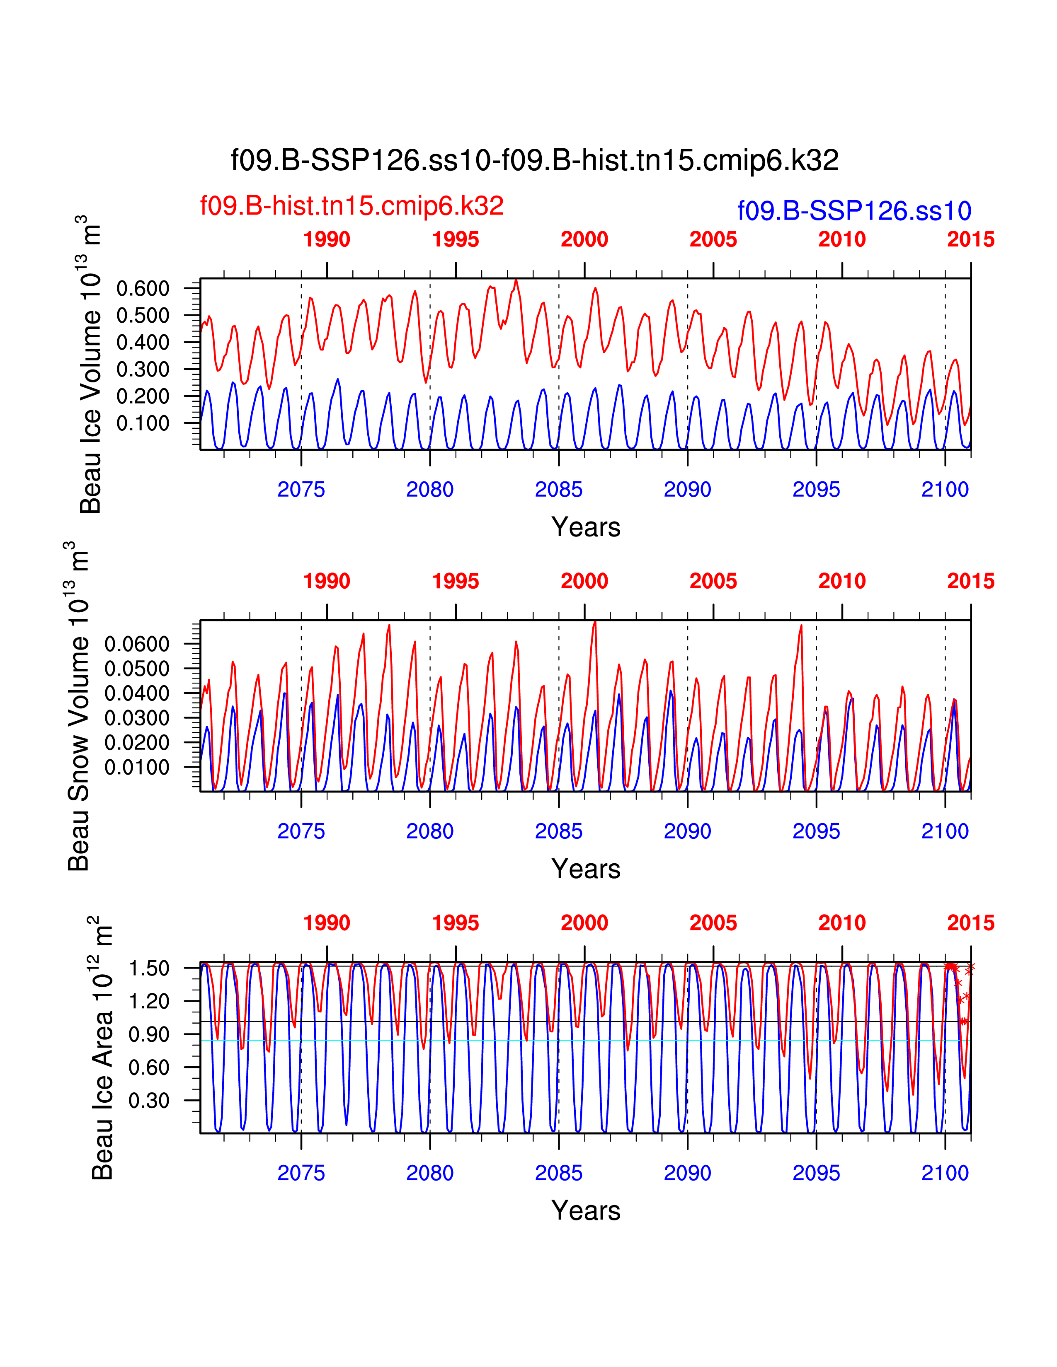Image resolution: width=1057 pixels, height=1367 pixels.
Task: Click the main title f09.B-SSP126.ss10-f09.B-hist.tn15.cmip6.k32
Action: [x=534, y=160]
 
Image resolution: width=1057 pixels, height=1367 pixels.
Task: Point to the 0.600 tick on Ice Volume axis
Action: [x=143, y=289]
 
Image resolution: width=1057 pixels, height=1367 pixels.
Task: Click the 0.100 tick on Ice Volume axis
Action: [x=143, y=423]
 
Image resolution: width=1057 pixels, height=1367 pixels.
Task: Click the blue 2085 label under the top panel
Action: [x=559, y=490]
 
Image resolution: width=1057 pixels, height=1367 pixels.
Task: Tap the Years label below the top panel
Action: [x=585, y=527]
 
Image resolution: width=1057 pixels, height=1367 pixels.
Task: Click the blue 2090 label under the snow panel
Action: [x=688, y=831]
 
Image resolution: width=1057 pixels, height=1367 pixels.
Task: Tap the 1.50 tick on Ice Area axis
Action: [x=149, y=968]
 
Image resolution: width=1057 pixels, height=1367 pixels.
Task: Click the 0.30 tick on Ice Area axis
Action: [x=149, y=1100]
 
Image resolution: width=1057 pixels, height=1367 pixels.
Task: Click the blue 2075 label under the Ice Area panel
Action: [x=301, y=1173]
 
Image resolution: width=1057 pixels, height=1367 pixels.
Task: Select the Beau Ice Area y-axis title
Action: [x=102, y=1048]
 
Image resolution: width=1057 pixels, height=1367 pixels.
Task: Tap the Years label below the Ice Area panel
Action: [x=585, y=1210]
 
